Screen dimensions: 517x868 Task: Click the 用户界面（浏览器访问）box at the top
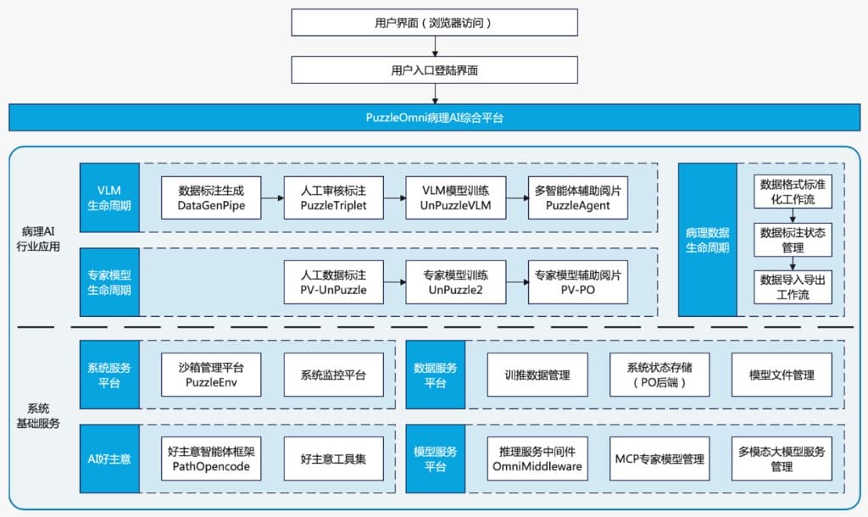pyautogui.click(x=434, y=24)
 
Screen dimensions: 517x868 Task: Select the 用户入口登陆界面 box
pyautogui.click(x=434, y=70)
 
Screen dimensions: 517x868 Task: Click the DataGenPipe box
pyautogui.click(x=211, y=197)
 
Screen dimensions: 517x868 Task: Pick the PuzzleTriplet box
pyautogui.click(x=333, y=197)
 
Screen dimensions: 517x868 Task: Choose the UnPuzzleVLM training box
pyautogui.click(x=455, y=197)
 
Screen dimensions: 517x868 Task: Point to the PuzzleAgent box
pyautogui.click(x=577, y=197)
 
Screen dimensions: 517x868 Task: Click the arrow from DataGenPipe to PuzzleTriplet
pyautogui.click(x=272, y=198)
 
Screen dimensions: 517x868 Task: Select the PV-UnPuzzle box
pyautogui.click(x=333, y=282)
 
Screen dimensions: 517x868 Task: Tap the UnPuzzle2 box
pyautogui.click(x=455, y=282)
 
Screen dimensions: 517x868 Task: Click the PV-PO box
pyautogui.click(x=577, y=282)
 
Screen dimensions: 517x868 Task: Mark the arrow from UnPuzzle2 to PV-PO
pyautogui.click(x=516, y=283)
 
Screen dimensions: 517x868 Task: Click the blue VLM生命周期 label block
pyautogui.click(x=109, y=197)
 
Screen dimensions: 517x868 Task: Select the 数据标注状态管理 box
pyautogui.click(x=793, y=240)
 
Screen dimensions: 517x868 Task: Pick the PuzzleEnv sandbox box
pyautogui.click(x=211, y=375)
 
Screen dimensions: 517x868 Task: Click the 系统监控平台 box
pyautogui.click(x=333, y=375)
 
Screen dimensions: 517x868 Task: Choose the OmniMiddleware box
pyautogui.click(x=537, y=459)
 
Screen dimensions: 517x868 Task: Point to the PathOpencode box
pyautogui.click(x=211, y=459)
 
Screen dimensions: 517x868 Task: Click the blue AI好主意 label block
pyautogui.click(x=109, y=459)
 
